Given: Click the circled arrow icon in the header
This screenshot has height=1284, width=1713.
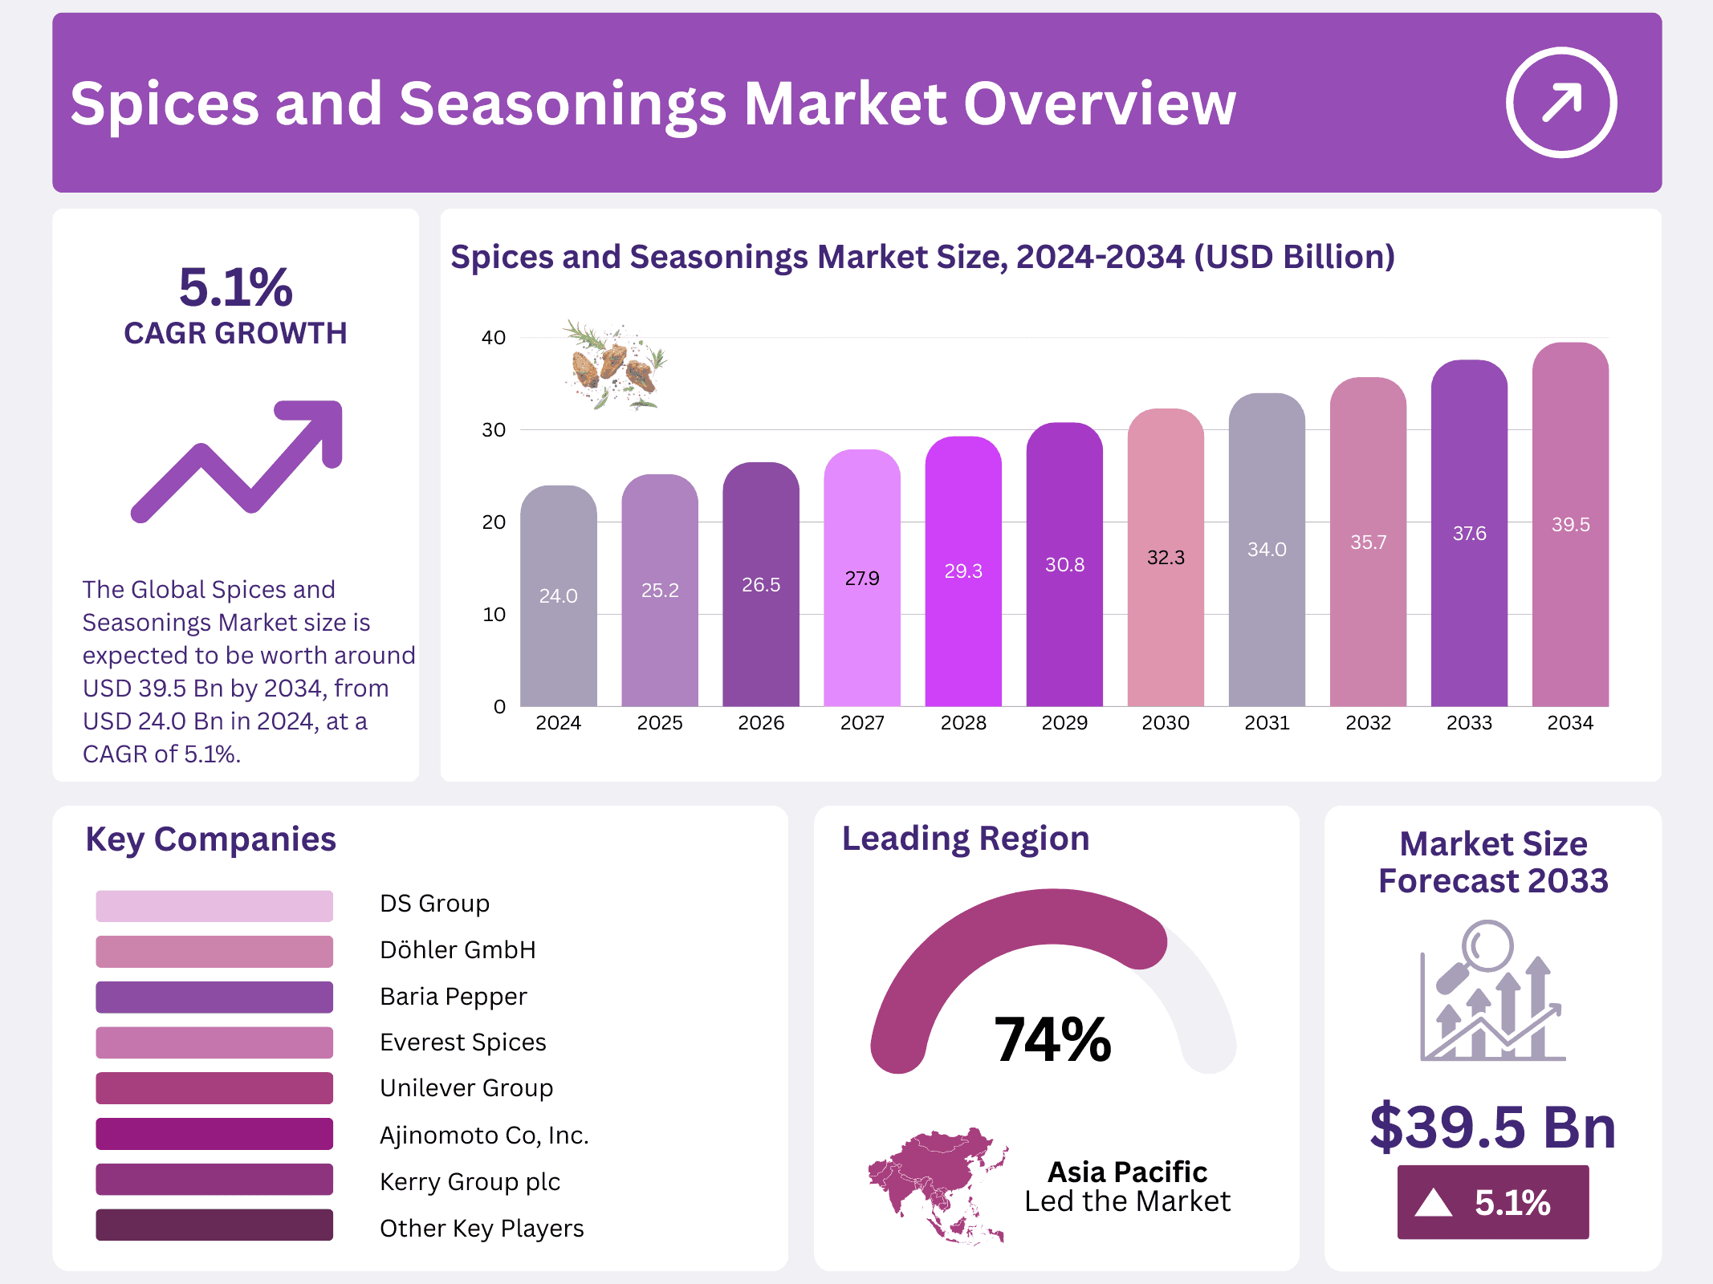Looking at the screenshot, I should point(1560,103).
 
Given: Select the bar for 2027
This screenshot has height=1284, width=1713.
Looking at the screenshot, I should point(861,578).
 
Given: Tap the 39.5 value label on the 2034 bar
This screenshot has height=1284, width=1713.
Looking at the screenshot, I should point(1570,525).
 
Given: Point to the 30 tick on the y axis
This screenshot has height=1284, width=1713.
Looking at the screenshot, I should point(494,430).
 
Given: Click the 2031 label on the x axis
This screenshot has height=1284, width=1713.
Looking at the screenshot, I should point(1267,723).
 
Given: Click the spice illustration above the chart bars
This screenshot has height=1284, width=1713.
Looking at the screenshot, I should point(615,366).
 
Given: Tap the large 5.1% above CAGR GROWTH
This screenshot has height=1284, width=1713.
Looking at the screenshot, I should point(235,287).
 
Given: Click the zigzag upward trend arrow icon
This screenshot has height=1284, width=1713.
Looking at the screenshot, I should point(238,461).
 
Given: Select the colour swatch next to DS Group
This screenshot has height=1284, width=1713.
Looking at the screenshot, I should point(214,905).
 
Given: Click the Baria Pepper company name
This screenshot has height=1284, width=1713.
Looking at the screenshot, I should point(453,997).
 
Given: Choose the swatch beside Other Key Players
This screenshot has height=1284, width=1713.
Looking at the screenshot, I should point(214,1225).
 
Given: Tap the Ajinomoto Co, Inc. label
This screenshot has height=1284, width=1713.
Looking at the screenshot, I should point(484,1136).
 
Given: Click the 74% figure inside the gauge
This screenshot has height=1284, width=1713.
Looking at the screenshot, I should point(1052,1039).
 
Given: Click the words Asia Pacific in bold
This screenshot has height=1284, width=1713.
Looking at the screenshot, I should point(1127,1172).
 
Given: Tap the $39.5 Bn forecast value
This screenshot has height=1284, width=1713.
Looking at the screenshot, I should point(1492,1128).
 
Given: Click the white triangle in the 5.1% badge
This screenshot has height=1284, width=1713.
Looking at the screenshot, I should point(1434,1203).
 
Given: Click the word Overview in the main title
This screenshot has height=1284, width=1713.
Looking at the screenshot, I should point(1099,104).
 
